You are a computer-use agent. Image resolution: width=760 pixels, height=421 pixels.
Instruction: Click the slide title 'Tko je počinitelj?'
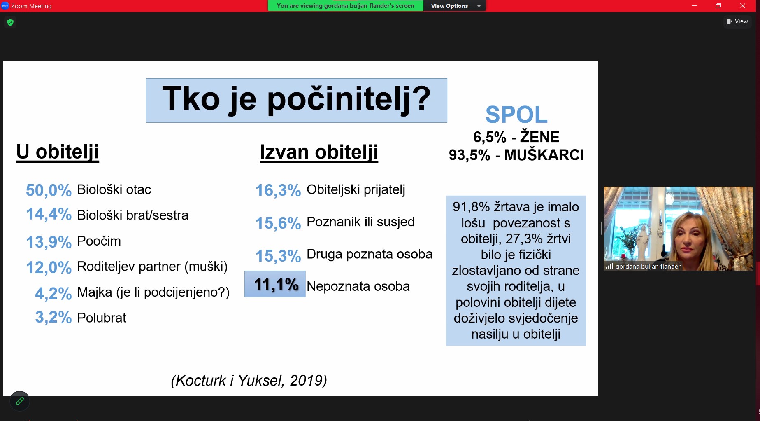(296, 99)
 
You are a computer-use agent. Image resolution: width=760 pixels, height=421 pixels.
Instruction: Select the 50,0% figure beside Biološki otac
(49, 190)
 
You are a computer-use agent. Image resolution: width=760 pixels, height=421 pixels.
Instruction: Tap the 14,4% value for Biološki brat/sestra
(49, 214)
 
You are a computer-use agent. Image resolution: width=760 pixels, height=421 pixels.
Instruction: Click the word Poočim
(99, 241)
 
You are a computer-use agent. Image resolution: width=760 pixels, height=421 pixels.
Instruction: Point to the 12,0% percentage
(49, 267)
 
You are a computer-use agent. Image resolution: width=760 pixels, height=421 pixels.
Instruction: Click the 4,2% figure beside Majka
(53, 293)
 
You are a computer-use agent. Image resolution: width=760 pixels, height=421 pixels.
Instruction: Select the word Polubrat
(102, 318)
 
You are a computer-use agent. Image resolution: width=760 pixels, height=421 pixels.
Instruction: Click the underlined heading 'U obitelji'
(58, 152)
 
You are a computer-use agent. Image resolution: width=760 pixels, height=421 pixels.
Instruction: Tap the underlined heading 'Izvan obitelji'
(319, 152)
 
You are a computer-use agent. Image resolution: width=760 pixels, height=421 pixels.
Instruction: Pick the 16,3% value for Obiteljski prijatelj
(278, 190)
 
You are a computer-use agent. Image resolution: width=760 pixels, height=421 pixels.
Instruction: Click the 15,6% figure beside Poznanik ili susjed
(278, 223)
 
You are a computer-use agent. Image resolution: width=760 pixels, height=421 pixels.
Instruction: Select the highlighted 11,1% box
(275, 284)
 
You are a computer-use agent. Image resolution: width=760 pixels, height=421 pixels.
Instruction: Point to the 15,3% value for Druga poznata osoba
(278, 256)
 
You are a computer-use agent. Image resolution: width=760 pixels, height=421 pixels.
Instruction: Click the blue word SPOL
(516, 115)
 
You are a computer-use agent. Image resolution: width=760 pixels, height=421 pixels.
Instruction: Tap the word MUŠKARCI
(544, 155)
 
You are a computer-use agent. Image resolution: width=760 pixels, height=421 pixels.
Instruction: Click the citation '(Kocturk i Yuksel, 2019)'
(249, 381)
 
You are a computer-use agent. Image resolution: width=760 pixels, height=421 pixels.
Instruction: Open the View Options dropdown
(455, 6)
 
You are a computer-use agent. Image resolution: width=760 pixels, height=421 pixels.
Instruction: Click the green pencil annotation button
(20, 401)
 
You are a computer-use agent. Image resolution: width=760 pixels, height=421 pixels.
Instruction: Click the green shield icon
(10, 22)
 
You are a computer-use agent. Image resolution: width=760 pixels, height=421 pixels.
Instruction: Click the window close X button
(743, 6)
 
